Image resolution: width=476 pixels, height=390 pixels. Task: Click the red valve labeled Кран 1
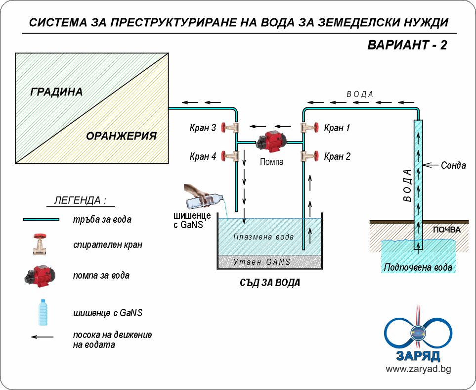(309, 128)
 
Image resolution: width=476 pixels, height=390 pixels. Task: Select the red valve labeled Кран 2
(309, 157)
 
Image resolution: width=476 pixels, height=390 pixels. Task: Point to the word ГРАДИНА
(56, 92)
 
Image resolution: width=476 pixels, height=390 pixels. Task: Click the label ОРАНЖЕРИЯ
(121, 136)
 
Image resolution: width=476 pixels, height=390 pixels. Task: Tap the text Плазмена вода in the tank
(264, 237)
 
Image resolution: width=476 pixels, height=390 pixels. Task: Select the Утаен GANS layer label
(262, 262)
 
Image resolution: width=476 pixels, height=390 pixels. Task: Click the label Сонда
(453, 165)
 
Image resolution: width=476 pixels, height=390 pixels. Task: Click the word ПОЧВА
(446, 230)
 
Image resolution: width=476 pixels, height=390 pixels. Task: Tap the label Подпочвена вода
(418, 268)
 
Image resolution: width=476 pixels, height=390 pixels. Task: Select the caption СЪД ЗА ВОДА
(267, 283)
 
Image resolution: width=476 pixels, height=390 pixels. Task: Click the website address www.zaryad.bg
(418, 369)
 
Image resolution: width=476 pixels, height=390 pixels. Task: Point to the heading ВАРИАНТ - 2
(407, 45)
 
